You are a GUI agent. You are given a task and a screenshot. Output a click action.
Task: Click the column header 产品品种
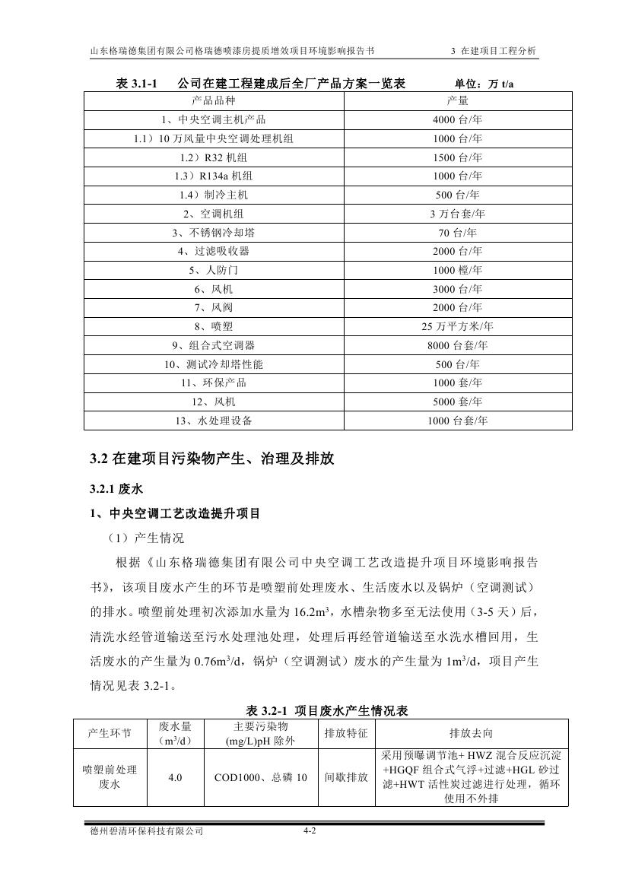[x=214, y=100]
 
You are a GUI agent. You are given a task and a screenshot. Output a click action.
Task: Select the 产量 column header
[x=457, y=100]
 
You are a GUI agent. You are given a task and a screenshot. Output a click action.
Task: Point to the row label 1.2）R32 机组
[x=214, y=157]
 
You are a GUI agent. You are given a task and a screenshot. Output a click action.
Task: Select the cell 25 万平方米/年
[x=457, y=326]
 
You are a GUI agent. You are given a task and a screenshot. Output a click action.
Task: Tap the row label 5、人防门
[x=214, y=270]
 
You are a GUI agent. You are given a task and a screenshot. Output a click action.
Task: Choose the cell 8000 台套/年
[x=457, y=345]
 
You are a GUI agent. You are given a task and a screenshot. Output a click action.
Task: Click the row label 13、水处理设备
[x=214, y=421]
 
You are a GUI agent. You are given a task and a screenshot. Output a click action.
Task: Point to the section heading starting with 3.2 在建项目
[x=211, y=459]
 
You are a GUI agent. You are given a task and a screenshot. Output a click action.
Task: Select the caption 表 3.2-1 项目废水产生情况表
[x=329, y=711]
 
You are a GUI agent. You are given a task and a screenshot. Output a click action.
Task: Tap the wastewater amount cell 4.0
[x=175, y=778]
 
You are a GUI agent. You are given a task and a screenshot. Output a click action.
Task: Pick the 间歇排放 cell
[x=346, y=778]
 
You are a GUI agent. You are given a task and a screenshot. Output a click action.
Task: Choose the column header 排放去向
[x=471, y=733]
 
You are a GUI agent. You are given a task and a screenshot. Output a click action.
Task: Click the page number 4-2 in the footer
[x=309, y=831]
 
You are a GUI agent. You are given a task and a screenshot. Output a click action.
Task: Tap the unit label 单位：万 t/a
[x=484, y=84]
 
